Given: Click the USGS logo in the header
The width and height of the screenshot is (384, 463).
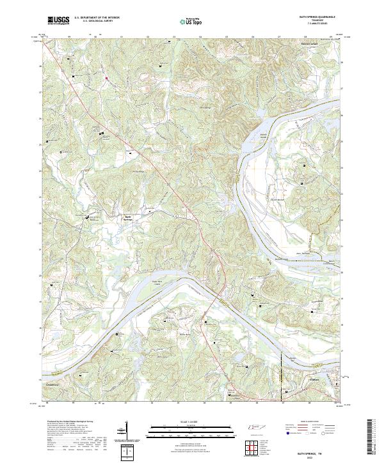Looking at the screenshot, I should (x=58, y=20).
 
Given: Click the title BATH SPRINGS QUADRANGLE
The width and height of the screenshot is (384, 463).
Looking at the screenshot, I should (x=313, y=17).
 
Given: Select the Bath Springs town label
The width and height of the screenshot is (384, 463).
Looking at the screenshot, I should (x=128, y=217).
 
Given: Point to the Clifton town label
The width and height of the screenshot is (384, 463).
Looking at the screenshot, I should (x=296, y=379).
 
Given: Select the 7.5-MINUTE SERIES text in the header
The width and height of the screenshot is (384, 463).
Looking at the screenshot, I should (x=313, y=24).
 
